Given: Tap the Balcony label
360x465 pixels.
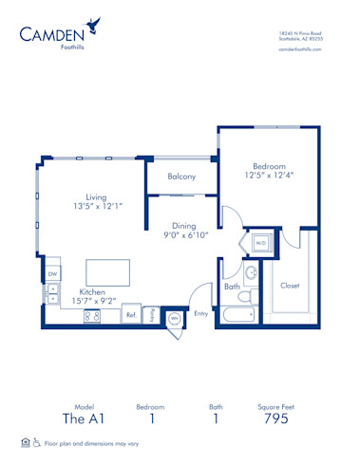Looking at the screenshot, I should pos(181,177).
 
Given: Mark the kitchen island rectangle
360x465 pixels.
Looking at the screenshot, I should pos(108,272).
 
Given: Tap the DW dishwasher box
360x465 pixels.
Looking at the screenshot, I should pos(52,274).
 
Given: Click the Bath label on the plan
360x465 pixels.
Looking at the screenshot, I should pos(232,286).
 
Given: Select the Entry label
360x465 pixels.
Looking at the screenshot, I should pos(200,313).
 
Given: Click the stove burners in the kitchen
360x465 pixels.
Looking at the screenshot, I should pos(93,316).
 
